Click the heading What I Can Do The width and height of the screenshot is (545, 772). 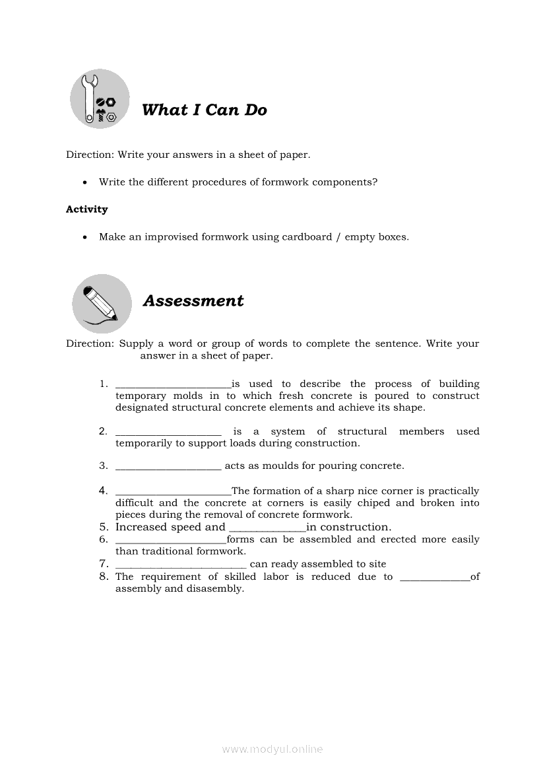pyautogui.click(x=205, y=110)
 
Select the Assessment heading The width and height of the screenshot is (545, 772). pyautogui.click(x=193, y=301)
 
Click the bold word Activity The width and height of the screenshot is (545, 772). pyautogui.click(x=86, y=209)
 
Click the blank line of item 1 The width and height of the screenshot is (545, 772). pyautogui.click(x=173, y=385)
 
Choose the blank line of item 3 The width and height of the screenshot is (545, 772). pyautogui.click(x=168, y=467)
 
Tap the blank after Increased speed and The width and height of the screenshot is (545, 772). pyautogui.click(x=267, y=528)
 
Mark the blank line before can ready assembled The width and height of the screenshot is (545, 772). pyautogui.click(x=181, y=565)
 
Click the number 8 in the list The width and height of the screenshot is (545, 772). pyautogui.click(x=104, y=577)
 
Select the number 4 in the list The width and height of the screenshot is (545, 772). pyautogui.click(x=104, y=491)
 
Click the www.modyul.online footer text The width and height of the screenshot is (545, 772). pyautogui.click(x=272, y=750)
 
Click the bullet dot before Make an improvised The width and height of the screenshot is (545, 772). pyautogui.click(x=85, y=237)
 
